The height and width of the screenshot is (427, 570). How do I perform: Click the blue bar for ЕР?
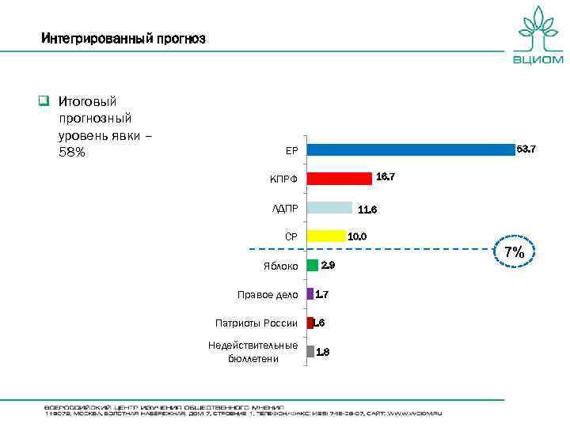(x=410, y=149)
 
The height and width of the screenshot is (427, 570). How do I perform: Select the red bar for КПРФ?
(x=339, y=178)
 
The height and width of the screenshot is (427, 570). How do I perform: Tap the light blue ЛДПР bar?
(x=329, y=207)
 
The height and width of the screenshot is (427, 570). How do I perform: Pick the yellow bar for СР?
(x=326, y=236)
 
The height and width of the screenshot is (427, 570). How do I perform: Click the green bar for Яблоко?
(x=313, y=265)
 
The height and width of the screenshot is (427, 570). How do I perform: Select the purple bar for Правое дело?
(x=310, y=294)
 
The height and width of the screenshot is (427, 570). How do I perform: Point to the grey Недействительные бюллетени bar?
(x=310, y=352)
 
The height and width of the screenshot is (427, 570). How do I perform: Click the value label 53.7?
(x=526, y=149)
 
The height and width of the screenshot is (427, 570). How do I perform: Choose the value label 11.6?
(x=367, y=210)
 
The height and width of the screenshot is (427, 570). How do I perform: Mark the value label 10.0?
(x=358, y=236)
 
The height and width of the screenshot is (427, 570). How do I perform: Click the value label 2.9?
(x=328, y=266)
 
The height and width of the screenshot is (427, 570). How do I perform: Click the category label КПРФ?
(x=283, y=179)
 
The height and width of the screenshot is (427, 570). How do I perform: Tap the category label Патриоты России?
(x=256, y=323)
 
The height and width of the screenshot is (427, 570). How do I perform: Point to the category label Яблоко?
(x=280, y=266)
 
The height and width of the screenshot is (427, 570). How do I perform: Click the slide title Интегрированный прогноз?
(x=123, y=38)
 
